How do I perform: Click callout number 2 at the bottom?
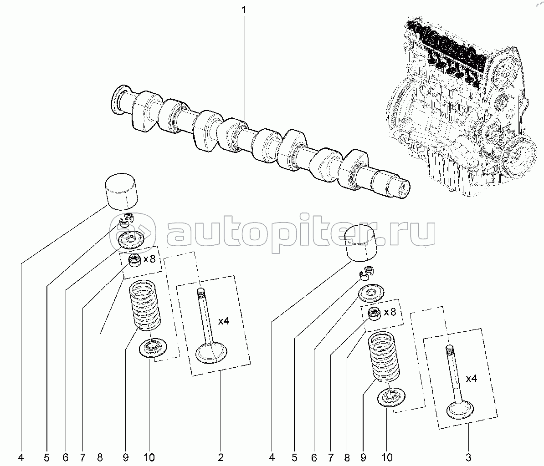click(221, 457)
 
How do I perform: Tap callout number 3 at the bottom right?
click(469, 457)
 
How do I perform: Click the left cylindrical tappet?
click(122, 190)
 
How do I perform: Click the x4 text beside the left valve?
click(223, 321)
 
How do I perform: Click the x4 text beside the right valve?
click(471, 378)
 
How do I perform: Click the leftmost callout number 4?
click(21, 457)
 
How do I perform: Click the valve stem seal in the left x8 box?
click(134, 262)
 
